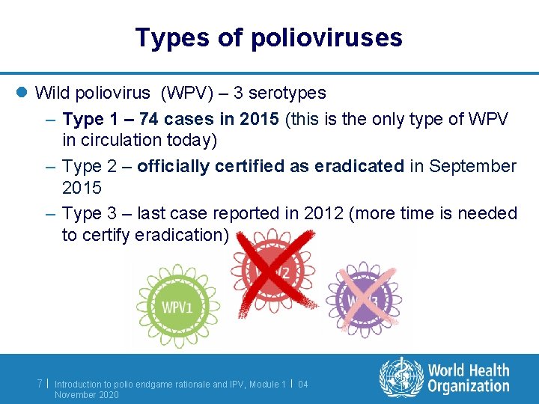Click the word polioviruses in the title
point(327,37)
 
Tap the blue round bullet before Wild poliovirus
point(22,94)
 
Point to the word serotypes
point(287,93)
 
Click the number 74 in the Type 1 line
point(149,119)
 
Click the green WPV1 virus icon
point(177,306)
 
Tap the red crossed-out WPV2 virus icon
point(273,272)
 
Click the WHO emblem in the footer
point(401,377)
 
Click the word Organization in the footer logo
point(469,386)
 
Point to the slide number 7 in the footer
point(40,384)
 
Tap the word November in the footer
point(75,394)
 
